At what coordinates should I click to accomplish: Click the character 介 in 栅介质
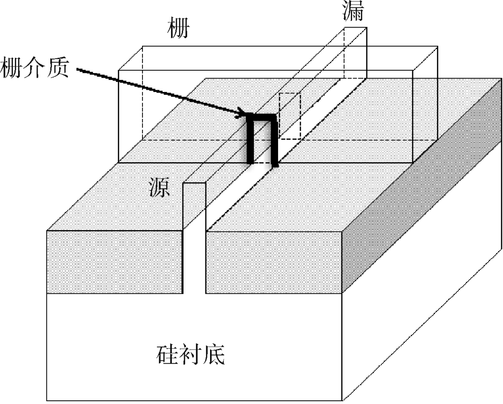tap(36, 67)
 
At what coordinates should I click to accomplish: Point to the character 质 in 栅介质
tap(58, 67)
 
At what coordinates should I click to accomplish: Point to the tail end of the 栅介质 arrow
tap(78, 71)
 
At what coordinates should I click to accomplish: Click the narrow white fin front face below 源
tap(194, 242)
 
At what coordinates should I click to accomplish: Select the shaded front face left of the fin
tap(114, 261)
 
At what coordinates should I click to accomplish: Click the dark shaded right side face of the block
tap(421, 186)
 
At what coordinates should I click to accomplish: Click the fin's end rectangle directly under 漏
tap(356, 51)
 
